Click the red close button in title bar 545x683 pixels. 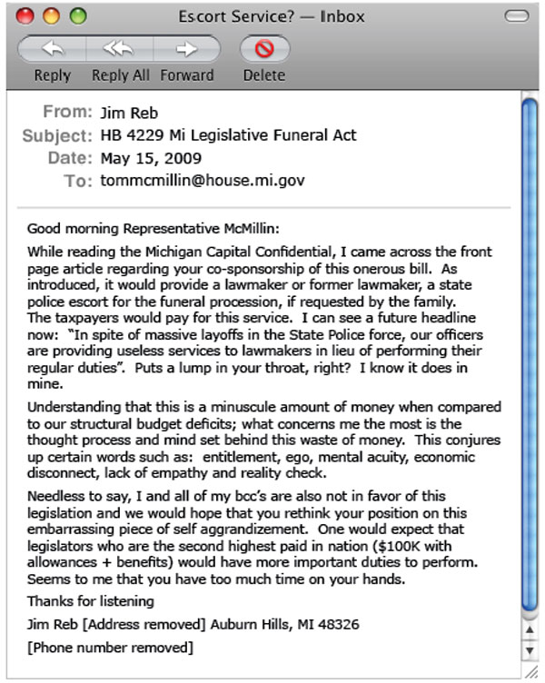pyautogui.click(x=26, y=15)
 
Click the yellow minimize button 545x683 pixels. pyautogui.click(x=51, y=15)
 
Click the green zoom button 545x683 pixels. pyautogui.click(x=77, y=15)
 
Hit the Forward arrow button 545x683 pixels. pyautogui.click(x=187, y=49)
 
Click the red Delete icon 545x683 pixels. pyautogui.click(x=263, y=49)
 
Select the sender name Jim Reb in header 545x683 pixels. pyautogui.click(x=127, y=113)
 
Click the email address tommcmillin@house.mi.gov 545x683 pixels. pyautogui.click(x=203, y=180)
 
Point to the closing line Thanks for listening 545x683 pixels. pyautogui.click(x=91, y=601)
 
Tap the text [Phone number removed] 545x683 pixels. pyautogui.click(x=110, y=648)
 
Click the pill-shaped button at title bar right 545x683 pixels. pyautogui.click(x=516, y=15)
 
